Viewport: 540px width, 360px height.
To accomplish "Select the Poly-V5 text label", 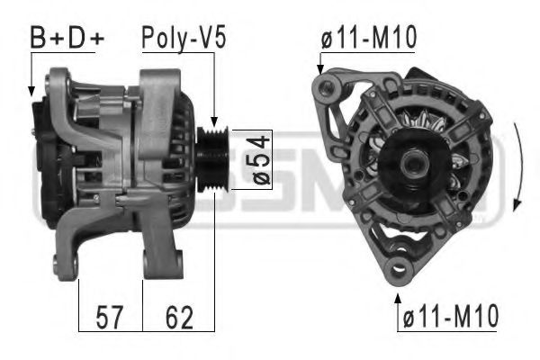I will pyautogui.click(x=183, y=38).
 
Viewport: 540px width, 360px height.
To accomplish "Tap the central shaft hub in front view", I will pyautogui.click(x=415, y=165).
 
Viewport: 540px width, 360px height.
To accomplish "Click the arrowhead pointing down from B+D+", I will pyautogui.click(x=32, y=90).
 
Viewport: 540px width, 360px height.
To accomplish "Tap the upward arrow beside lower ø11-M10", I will pyautogui.click(x=397, y=299).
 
